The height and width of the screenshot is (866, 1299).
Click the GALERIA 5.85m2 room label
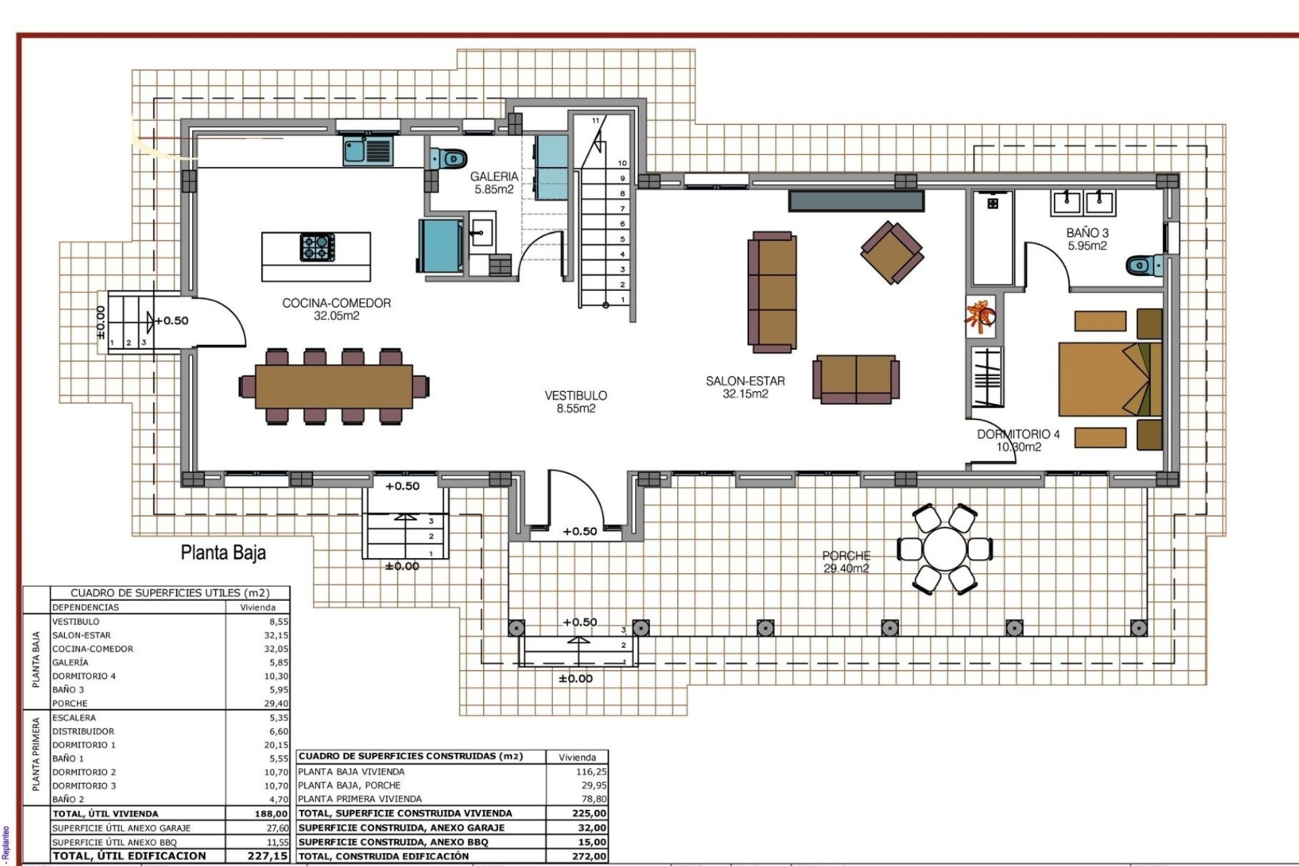(x=494, y=183)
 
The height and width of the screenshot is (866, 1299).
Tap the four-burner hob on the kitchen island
(x=317, y=247)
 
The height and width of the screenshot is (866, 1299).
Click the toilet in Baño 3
(x=1145, y=265)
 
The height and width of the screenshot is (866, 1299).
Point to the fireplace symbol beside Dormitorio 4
(x=980, y=317)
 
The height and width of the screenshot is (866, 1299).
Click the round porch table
(x=944, y=549)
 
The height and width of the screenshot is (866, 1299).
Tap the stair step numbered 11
(x=595, y=120)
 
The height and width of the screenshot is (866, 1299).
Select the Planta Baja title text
(x=223, y=553)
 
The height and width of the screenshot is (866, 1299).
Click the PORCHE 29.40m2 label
(x=846, y=562)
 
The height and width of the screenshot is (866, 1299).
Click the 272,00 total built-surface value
(x=589, y=856)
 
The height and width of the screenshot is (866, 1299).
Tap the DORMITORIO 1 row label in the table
(x=84, y=745)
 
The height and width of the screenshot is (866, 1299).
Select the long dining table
(x=334, y=386)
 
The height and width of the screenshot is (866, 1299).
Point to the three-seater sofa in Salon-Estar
(x=772, y=292)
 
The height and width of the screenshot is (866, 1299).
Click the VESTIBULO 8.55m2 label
(x=576, y=401)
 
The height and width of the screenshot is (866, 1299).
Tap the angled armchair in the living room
(x=892, y=253)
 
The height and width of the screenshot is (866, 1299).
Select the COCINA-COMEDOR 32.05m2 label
(x=336, y=309)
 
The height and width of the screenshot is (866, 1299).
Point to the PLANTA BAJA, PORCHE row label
(x=349, y=785)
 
